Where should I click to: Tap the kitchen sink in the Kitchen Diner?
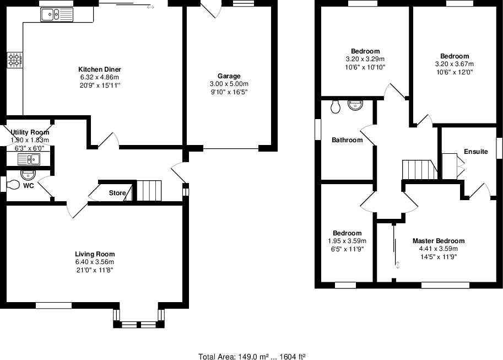click(x=56, y=15)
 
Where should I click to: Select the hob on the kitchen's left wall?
click(x=14, y=60)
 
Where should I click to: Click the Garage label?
click(x=229, y=76)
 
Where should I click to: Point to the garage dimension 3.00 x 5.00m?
click(x=229, y=84)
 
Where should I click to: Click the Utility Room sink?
click(x=29, y=160)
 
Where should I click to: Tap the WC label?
click(x=29, y=186)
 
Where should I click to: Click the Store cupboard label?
click(x=117, y=193)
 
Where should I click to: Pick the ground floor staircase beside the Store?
click(x=148, y=191)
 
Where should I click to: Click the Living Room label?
click(x=95, y=254)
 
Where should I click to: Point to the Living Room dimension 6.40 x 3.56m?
click(x=95, y=262)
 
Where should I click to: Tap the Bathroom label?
click(x=347, y=140)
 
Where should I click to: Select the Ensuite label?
click(x=475, y=152)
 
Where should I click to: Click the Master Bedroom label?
click(x=439, y=241)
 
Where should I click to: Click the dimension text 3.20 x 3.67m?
click(x=455, y=64)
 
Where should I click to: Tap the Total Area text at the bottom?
click(x=252, y=357)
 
